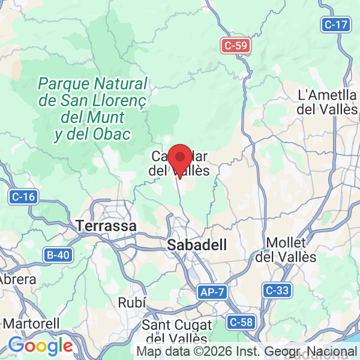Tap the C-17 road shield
tap(335, 25)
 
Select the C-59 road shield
tap(235, 45)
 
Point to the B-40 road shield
tap(58, 255)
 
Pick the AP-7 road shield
tap(213, 292)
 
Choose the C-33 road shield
tap(277, 290)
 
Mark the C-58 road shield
tap(241, 322)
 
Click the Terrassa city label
tap(107, 226)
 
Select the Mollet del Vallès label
tap(286, 250)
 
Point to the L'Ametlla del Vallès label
tap(328, 102)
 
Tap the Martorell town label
tap(30, 323)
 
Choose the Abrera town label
tap(17, 279)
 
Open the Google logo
tap(41, 346)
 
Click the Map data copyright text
tap(246, 352)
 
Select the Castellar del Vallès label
tap(179, 164)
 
